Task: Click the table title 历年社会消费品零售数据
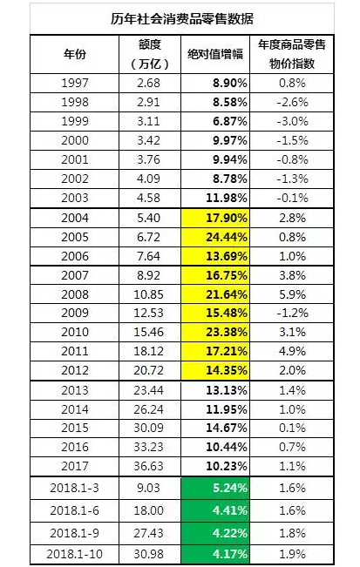[x=181, y=18]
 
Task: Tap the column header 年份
[x=75, y=54]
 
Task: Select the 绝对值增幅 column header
[x=215, y=54]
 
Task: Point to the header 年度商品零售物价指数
[x=292, y=54]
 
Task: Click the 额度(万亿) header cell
[x=149, y=54]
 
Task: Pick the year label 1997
[x=75, y=83]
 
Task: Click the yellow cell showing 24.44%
[x=215, y=237]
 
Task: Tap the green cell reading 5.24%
[x=215, y=488]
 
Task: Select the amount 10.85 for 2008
[x=149, y=294]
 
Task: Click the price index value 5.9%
[x=292, y=294]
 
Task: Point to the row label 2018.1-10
[x=75, y=554]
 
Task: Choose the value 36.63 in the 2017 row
[x=149, y=466]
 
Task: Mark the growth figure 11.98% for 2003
[x=227, y=198]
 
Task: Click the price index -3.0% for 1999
[x=292, y=121]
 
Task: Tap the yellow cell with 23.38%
[x=215, y=332]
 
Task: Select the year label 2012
[x=75, y=370]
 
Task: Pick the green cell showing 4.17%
[x=215, y=554]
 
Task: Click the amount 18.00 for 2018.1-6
[x=149, y=510]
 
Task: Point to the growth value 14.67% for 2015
[x=227, y=428]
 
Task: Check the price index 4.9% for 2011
[x=292, y=351]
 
